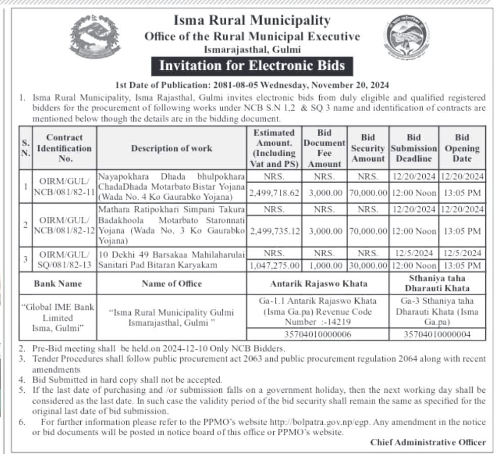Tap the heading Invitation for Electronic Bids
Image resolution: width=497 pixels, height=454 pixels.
(252, 66)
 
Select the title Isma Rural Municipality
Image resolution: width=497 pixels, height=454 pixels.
(252, 21)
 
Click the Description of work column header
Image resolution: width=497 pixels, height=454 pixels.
(172, 148)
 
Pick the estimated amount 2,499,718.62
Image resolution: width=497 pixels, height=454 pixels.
(274, 193)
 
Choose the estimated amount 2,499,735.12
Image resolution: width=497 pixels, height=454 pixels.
(274, 231)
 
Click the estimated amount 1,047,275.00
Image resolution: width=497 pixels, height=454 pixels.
(274, 265)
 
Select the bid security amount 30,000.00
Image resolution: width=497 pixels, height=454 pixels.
(368, 265)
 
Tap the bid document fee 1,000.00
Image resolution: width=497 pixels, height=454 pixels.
(324, 265)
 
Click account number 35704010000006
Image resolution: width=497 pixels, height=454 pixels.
(317, 334)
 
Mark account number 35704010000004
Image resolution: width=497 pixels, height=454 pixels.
(437, 334)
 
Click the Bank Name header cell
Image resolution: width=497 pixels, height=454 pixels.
(58, 284)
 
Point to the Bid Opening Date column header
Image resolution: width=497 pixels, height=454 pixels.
(462, 148)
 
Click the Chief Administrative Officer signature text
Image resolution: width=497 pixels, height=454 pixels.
(428, 442)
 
